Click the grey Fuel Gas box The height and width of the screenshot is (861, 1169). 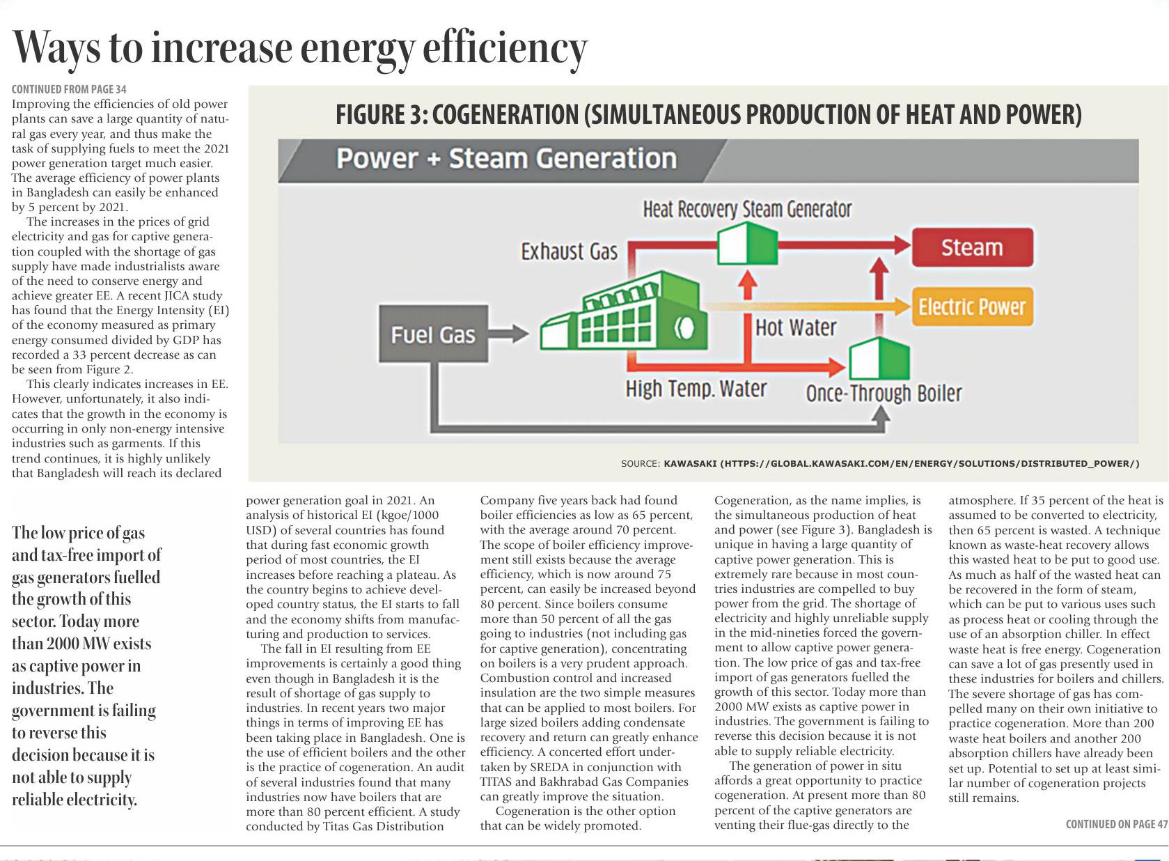(x=433, y=334)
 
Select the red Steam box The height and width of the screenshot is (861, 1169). (x=972, y=247)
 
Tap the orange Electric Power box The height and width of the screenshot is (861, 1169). (x=972, y=307)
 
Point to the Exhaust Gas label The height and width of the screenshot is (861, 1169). (x=569, y=251)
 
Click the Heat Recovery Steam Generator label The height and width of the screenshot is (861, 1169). (x=747, y=209)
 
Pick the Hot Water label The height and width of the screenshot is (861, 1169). (x=796, y=327)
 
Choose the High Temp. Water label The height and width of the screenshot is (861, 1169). (x=696, y=388)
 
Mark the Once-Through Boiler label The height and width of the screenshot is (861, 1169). (x=884, y=394)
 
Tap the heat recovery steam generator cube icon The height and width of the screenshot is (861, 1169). (x=747, y=243)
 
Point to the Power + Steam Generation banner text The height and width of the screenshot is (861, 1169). (x=506, y=159)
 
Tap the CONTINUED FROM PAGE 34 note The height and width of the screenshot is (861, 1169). (x=69, y=89)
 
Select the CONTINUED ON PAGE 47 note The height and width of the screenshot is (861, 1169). (x=1116, y=825)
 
